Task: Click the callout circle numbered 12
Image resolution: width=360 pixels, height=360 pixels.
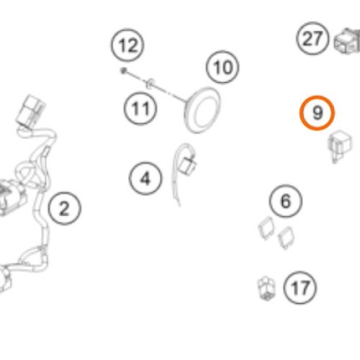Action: (x=127, y=45)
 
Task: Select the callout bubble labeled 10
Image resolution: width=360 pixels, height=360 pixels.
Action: (x=222, y=67)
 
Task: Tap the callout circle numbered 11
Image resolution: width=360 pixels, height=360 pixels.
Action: (x=140, y=109)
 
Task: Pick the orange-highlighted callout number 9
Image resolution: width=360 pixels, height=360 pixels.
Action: (x=317, y=113)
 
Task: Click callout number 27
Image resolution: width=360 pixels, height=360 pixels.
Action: (x=312, y=38)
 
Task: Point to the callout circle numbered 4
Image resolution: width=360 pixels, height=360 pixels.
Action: (x=145, y=179)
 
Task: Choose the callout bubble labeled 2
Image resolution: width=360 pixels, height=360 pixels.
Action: (x=64, y=208)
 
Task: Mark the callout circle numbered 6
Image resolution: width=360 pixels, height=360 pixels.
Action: (x=286, y=201)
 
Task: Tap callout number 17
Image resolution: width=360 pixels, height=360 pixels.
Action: (x=300, y=288)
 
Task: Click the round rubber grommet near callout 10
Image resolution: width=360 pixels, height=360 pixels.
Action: (x=202, y=110)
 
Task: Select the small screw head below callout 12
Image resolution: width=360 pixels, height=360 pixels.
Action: (x=124, y=71)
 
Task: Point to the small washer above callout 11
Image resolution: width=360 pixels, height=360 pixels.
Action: (x=149, y=83)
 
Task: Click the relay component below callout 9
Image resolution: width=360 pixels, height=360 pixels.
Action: (x=340, y=145)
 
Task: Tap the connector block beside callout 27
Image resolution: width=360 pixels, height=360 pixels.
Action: (x=347, y=41)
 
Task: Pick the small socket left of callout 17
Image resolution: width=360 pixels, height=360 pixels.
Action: (x=266, y=288)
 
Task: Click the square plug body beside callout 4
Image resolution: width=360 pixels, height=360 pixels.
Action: (x=188, y=164)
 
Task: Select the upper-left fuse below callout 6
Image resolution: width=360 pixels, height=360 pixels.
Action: (x=266, y=228)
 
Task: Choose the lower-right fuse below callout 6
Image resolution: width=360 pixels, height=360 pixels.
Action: (x=286, y=238)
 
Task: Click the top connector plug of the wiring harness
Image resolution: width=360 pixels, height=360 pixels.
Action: (x=31, y=111)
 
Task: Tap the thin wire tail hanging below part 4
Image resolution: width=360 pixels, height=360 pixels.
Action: (x=175, y=189)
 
